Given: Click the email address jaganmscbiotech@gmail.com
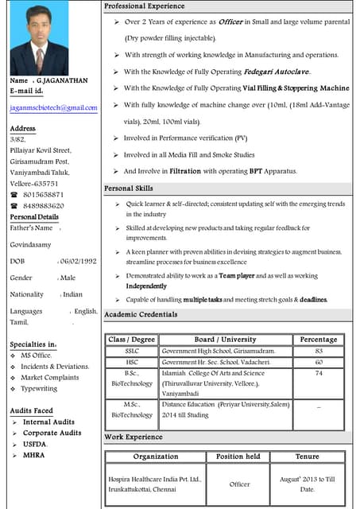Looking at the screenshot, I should (x=53, y=107).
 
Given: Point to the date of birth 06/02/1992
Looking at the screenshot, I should (x=79, y=261).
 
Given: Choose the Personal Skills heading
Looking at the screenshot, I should (x=129, y=188).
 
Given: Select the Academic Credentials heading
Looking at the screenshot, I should (x=141, y=315).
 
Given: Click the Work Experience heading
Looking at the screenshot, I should (x=134, y=437).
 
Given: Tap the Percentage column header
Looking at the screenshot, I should (x=319, y=340).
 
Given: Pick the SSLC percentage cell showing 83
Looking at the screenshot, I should (x=319, y=351).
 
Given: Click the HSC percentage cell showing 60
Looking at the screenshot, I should (x=319, y=362).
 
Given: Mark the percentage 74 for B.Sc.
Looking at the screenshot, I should (x=319, y=373).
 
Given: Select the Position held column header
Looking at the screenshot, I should (x=238, y=457).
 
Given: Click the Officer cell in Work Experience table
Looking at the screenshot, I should (x=239, y=484).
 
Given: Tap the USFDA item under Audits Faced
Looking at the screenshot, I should (x=35, y=444).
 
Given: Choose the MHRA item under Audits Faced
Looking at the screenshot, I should (x=33, y=455).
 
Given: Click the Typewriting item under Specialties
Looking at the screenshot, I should (x=40, y=389).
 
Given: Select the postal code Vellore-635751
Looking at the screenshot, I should (x=34, y=183).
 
